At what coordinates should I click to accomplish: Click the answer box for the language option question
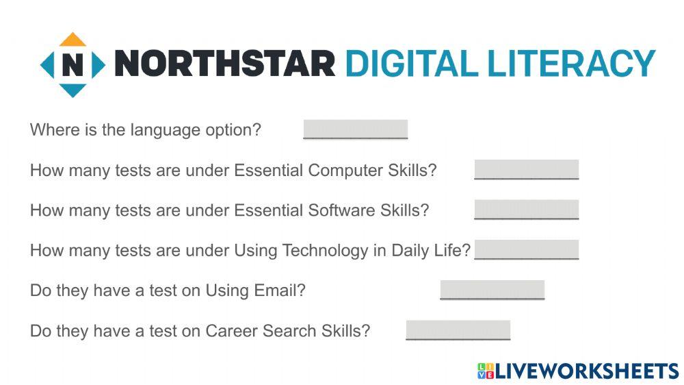coord(355,129)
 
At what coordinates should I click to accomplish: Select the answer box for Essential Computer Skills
coord(526,169)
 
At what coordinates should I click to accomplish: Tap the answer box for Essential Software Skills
coord(526,210)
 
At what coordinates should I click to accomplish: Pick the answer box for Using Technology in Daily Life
coord(526,249)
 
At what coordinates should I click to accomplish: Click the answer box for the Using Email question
coord(492,290)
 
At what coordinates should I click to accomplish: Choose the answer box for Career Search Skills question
coord(458,330)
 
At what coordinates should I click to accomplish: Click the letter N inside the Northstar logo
coord(73,65)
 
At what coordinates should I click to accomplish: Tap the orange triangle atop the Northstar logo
coord(73,40)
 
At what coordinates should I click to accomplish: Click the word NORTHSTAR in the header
coord(225,64)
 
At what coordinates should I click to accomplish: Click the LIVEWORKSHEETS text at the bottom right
coord(586,371)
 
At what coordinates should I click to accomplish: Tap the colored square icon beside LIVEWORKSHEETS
coord(485,371)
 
